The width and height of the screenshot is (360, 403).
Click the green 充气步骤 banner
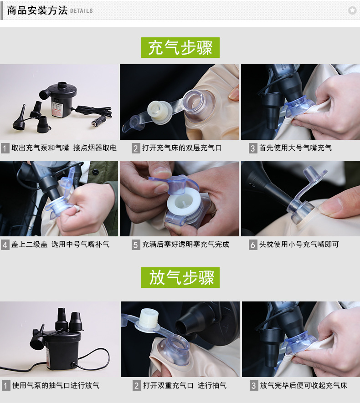coord(180,47)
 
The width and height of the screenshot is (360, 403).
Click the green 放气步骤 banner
coord(180,277)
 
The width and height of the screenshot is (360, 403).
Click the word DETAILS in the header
coord(82,11)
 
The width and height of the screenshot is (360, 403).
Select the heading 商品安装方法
coord(37,10)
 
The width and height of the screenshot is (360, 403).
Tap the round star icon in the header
coord(352,10)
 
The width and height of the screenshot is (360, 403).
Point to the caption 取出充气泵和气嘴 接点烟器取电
coord(64,148)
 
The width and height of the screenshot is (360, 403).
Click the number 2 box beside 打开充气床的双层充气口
coord(136,148)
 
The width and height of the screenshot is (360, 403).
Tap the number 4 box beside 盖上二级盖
coord(5,245)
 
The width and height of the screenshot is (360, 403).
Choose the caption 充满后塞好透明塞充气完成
coord(185,245)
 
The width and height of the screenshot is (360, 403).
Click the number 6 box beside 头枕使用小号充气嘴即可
coord(253,245)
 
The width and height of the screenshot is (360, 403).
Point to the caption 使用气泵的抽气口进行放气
coord(56,386)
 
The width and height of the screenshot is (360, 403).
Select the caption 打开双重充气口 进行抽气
coord(185,386)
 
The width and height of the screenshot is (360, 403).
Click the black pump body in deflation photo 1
coord(50,346)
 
